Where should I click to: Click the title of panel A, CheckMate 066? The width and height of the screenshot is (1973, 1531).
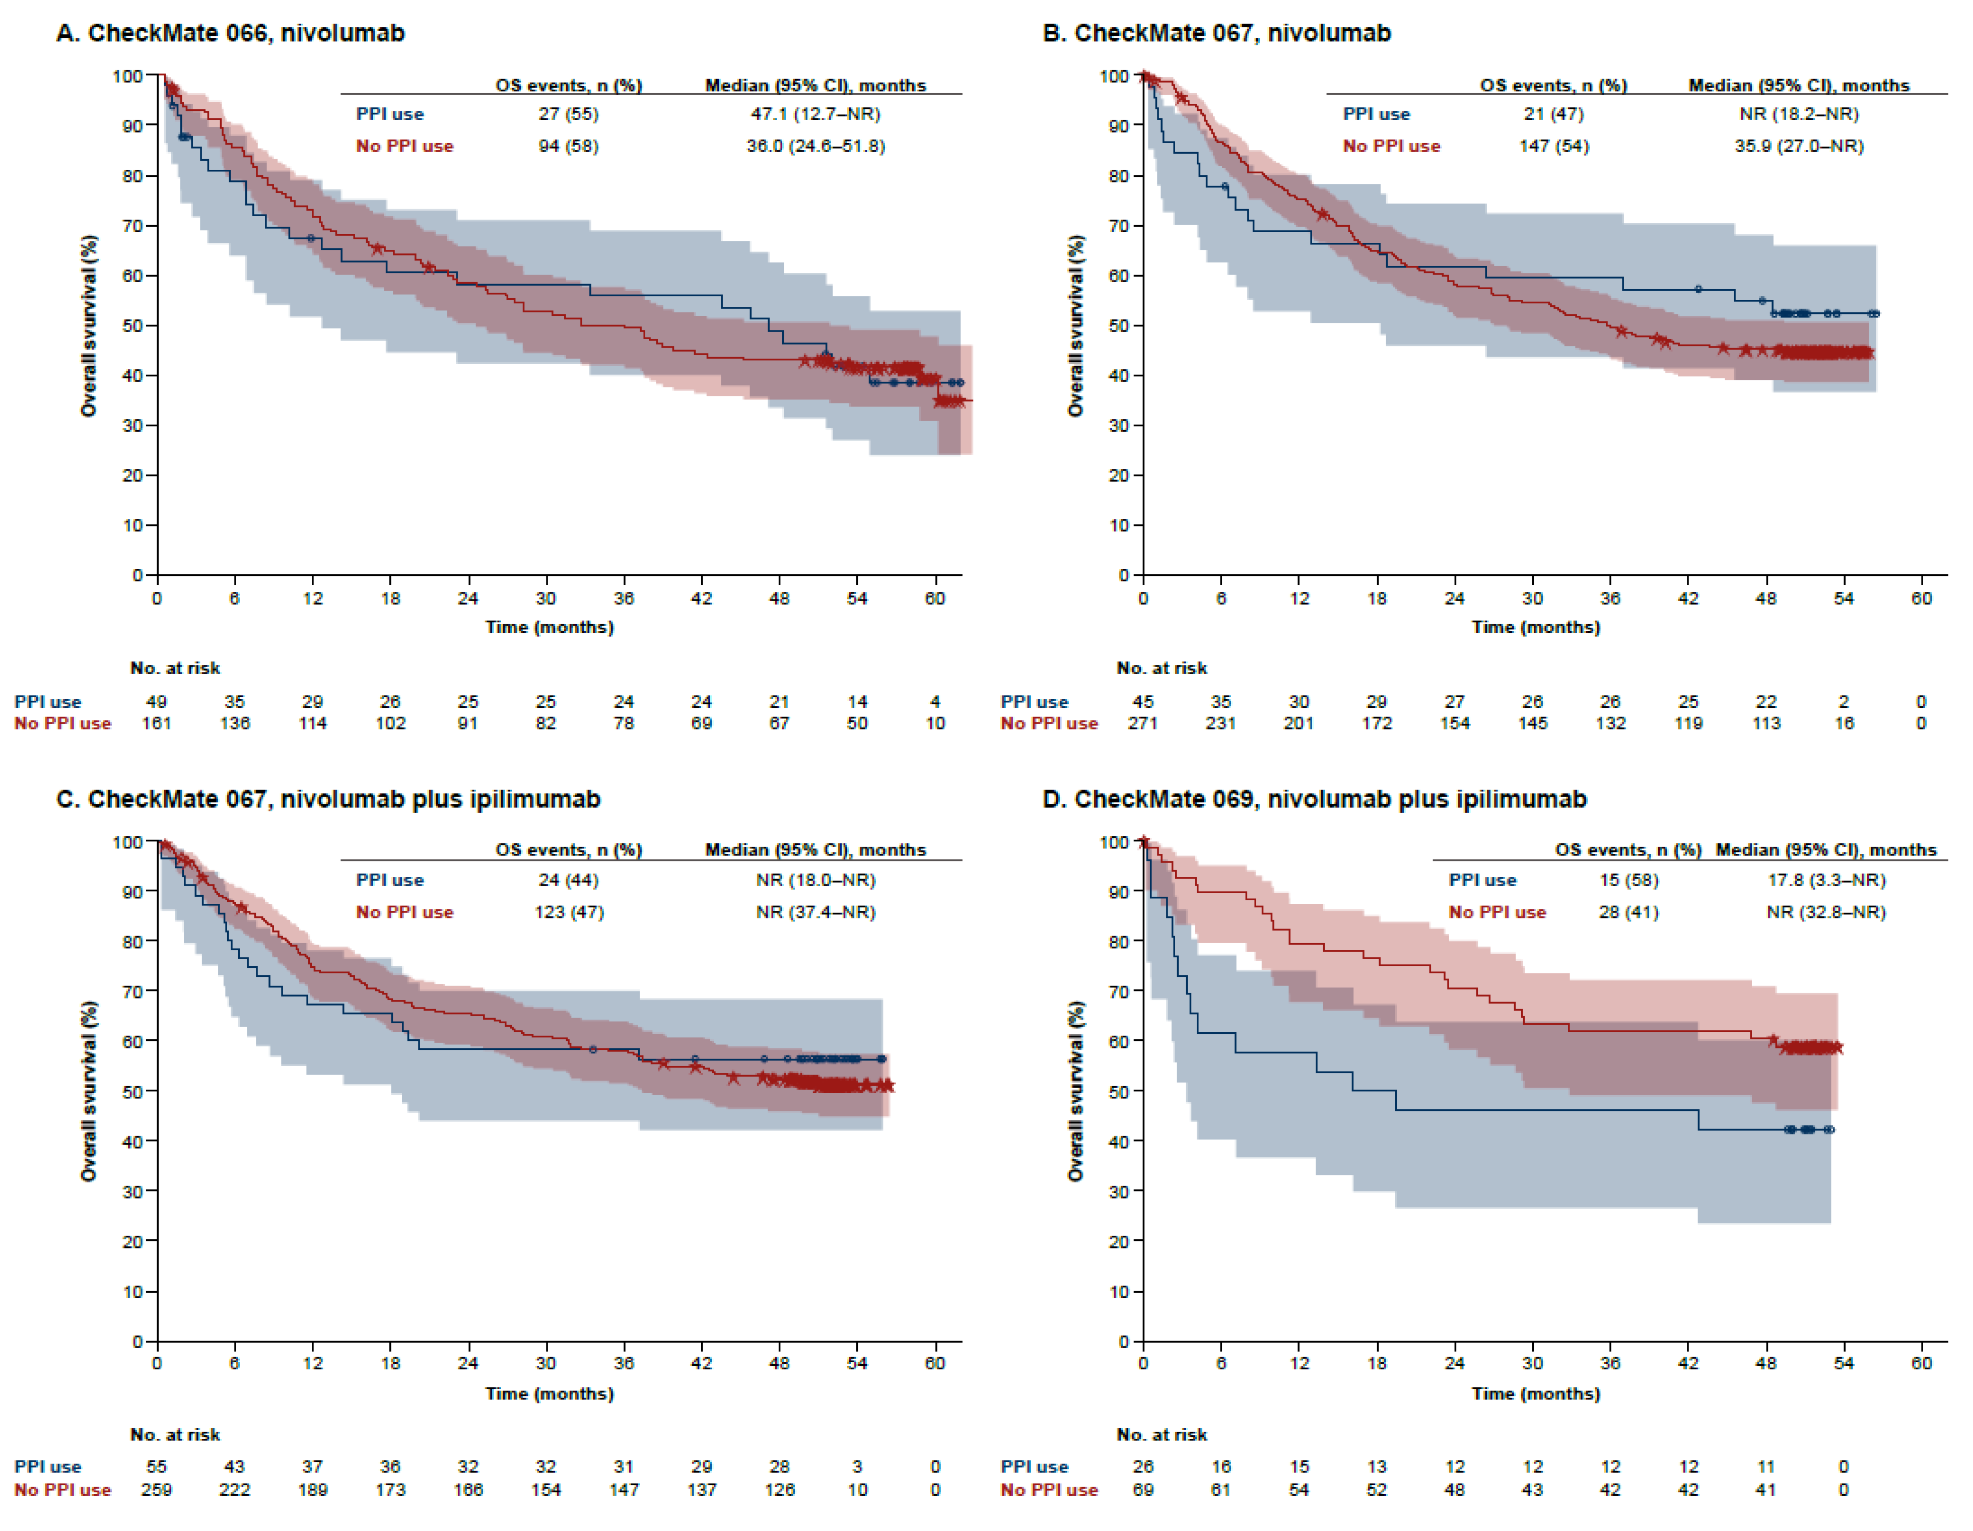230,33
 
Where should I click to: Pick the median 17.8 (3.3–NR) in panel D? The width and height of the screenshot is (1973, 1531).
1826,880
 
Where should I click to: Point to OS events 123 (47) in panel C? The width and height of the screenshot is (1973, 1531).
568,912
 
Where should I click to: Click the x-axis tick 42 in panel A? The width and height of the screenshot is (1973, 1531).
701,598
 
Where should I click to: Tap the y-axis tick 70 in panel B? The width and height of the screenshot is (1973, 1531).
1119,226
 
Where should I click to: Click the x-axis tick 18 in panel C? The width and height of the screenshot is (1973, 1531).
390,1363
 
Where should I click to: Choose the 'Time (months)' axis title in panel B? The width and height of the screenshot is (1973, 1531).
1535,627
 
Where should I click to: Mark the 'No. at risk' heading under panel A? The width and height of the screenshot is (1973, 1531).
175,668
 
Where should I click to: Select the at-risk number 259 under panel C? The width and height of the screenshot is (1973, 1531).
156,1489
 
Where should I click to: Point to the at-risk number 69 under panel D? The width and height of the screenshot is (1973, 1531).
1143,1489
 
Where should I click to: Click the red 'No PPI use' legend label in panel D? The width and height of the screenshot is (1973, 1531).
1497,912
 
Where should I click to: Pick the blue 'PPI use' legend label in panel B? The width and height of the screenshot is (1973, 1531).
1376,114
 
